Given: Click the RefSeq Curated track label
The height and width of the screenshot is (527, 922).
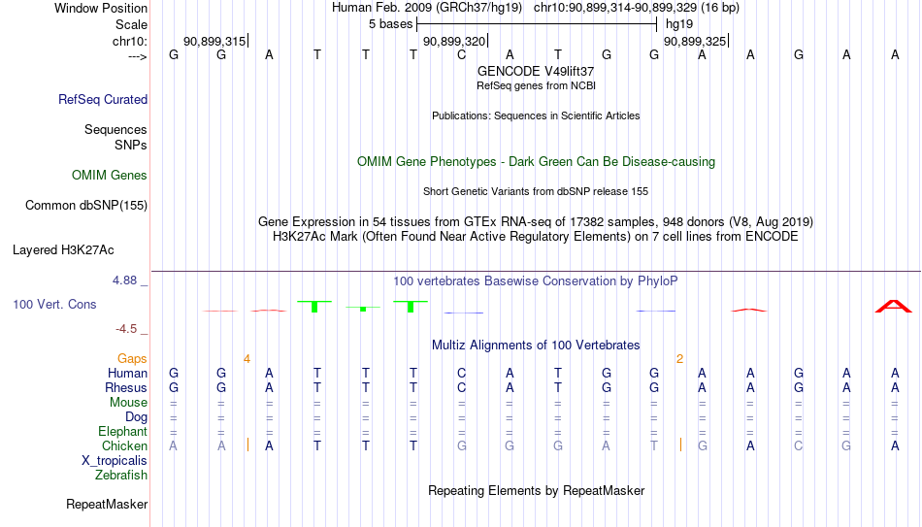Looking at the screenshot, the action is [x=103, y=99].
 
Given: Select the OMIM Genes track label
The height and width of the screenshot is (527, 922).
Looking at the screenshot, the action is [x=110, y=176].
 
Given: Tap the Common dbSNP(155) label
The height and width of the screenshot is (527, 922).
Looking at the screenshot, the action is [x=86, y=206].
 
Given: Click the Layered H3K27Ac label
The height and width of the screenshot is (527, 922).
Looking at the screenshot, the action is [x=63, y=250].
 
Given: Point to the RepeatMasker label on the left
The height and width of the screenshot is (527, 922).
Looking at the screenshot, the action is [x=107, y=504].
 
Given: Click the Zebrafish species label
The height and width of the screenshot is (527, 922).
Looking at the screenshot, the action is [x=121, y=475].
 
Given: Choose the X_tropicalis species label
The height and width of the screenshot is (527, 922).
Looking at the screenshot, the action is [x=115, y=461].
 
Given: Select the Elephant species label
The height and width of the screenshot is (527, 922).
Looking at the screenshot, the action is [x=123, y=431].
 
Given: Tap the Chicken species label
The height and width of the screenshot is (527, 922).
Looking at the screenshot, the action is [x=124, y=445].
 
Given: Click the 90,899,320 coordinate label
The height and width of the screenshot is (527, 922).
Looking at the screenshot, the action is [x=454, y=41].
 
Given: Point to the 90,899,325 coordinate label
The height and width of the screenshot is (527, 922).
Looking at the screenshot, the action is [x=695, y=41].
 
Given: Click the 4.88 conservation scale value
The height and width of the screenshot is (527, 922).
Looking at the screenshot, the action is [x=124, y=280].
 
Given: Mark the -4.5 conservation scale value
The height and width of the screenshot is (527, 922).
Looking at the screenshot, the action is [x=126, y=329].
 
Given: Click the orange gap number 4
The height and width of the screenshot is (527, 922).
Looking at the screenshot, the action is [x=247, y=359].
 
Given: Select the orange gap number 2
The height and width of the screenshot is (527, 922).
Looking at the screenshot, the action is [x=679, y=359].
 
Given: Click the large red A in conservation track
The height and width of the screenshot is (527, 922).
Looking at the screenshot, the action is [x=894, y=306].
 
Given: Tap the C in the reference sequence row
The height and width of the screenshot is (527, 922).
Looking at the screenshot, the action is [x=462, y=54].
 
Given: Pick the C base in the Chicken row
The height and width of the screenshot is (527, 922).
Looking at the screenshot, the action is [x=798, y=445].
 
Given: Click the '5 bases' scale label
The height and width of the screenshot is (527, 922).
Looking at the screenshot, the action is [x=391, y=24].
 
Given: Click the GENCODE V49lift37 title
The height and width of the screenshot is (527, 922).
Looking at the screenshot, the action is [x=536, y=71].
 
